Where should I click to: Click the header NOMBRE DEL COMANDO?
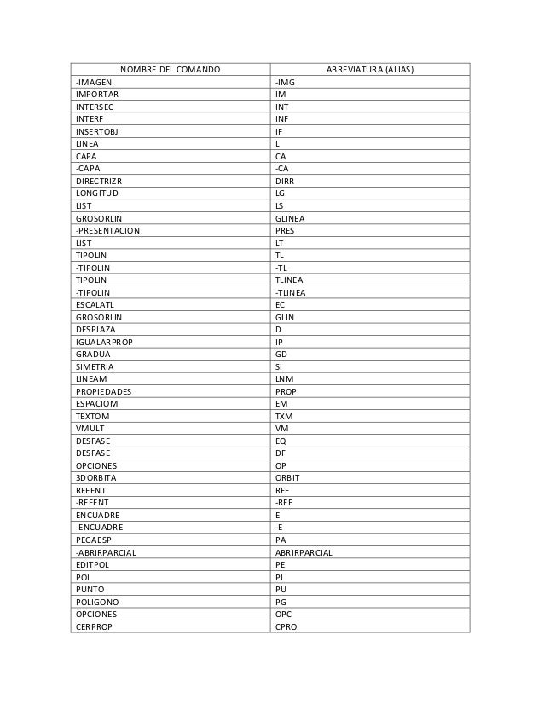[x=169, y=68]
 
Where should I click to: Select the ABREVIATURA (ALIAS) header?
[x=369, y=68]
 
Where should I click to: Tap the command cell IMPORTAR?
[x=96, y=94]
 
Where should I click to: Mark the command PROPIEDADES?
[x=104, y=392]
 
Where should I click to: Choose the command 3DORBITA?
[x=97, y=479]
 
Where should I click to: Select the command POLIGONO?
[x=97, y=603]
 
